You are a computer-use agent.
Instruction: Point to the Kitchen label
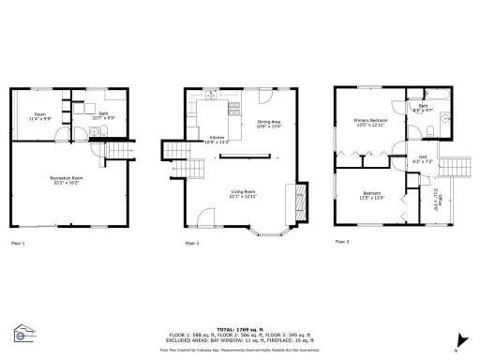point(217,139)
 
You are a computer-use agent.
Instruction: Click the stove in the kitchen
point(208,95)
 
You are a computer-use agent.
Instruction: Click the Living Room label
point(244,194)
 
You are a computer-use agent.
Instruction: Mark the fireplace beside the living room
point(300,199)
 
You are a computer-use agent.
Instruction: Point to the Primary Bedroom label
point(372,122)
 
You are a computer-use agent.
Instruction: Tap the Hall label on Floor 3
point(423,158)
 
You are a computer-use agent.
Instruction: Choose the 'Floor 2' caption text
point(191,243)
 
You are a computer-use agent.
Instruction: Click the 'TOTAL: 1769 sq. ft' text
point(240,329)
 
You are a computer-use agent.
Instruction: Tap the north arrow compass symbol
point(460,339)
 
